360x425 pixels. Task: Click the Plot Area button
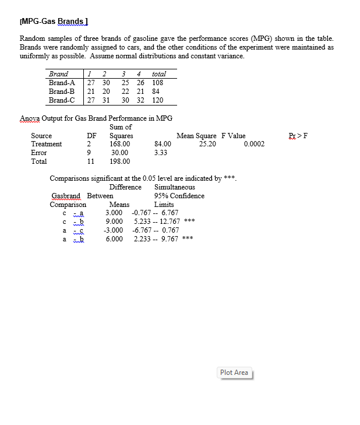(x=234, y=373)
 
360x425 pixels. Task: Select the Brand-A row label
(x=62, y=83)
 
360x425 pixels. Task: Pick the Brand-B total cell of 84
(x=156, y=92)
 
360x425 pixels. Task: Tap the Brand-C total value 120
(x=157, y=100)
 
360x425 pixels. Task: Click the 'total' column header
(x=158, y=74)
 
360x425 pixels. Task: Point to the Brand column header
(x=58, y=74)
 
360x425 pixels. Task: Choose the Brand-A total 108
(x=157, y=83)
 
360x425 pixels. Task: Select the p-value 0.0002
(x=255, y=144)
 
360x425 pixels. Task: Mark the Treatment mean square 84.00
(x=163, y=144)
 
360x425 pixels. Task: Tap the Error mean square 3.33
(x=161, y=153)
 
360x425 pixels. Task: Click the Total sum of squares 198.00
(x=119, y=161)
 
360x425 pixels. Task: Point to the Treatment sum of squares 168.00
(x=119, y=144)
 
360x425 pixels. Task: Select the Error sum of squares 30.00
(x=119, y=153)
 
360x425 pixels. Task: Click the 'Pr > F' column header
(x=298, y=136)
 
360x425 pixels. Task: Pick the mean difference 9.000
(x=114, y=222)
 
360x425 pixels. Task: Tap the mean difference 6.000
(x=114, y=238)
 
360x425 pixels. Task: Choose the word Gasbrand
(x=66, y=196)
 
